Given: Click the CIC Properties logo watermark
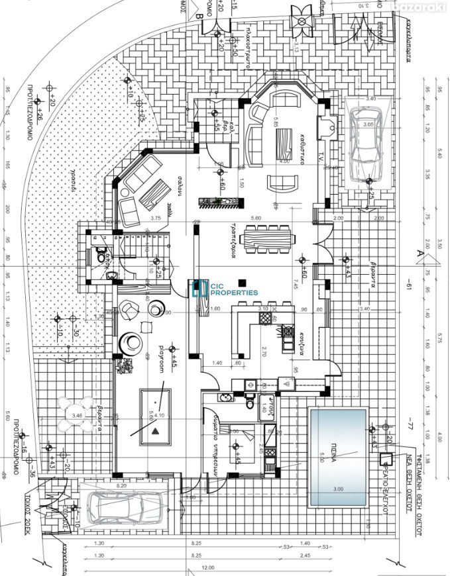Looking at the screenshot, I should [x=224, y=287].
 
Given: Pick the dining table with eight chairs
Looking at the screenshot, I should [x=268, y=239].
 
